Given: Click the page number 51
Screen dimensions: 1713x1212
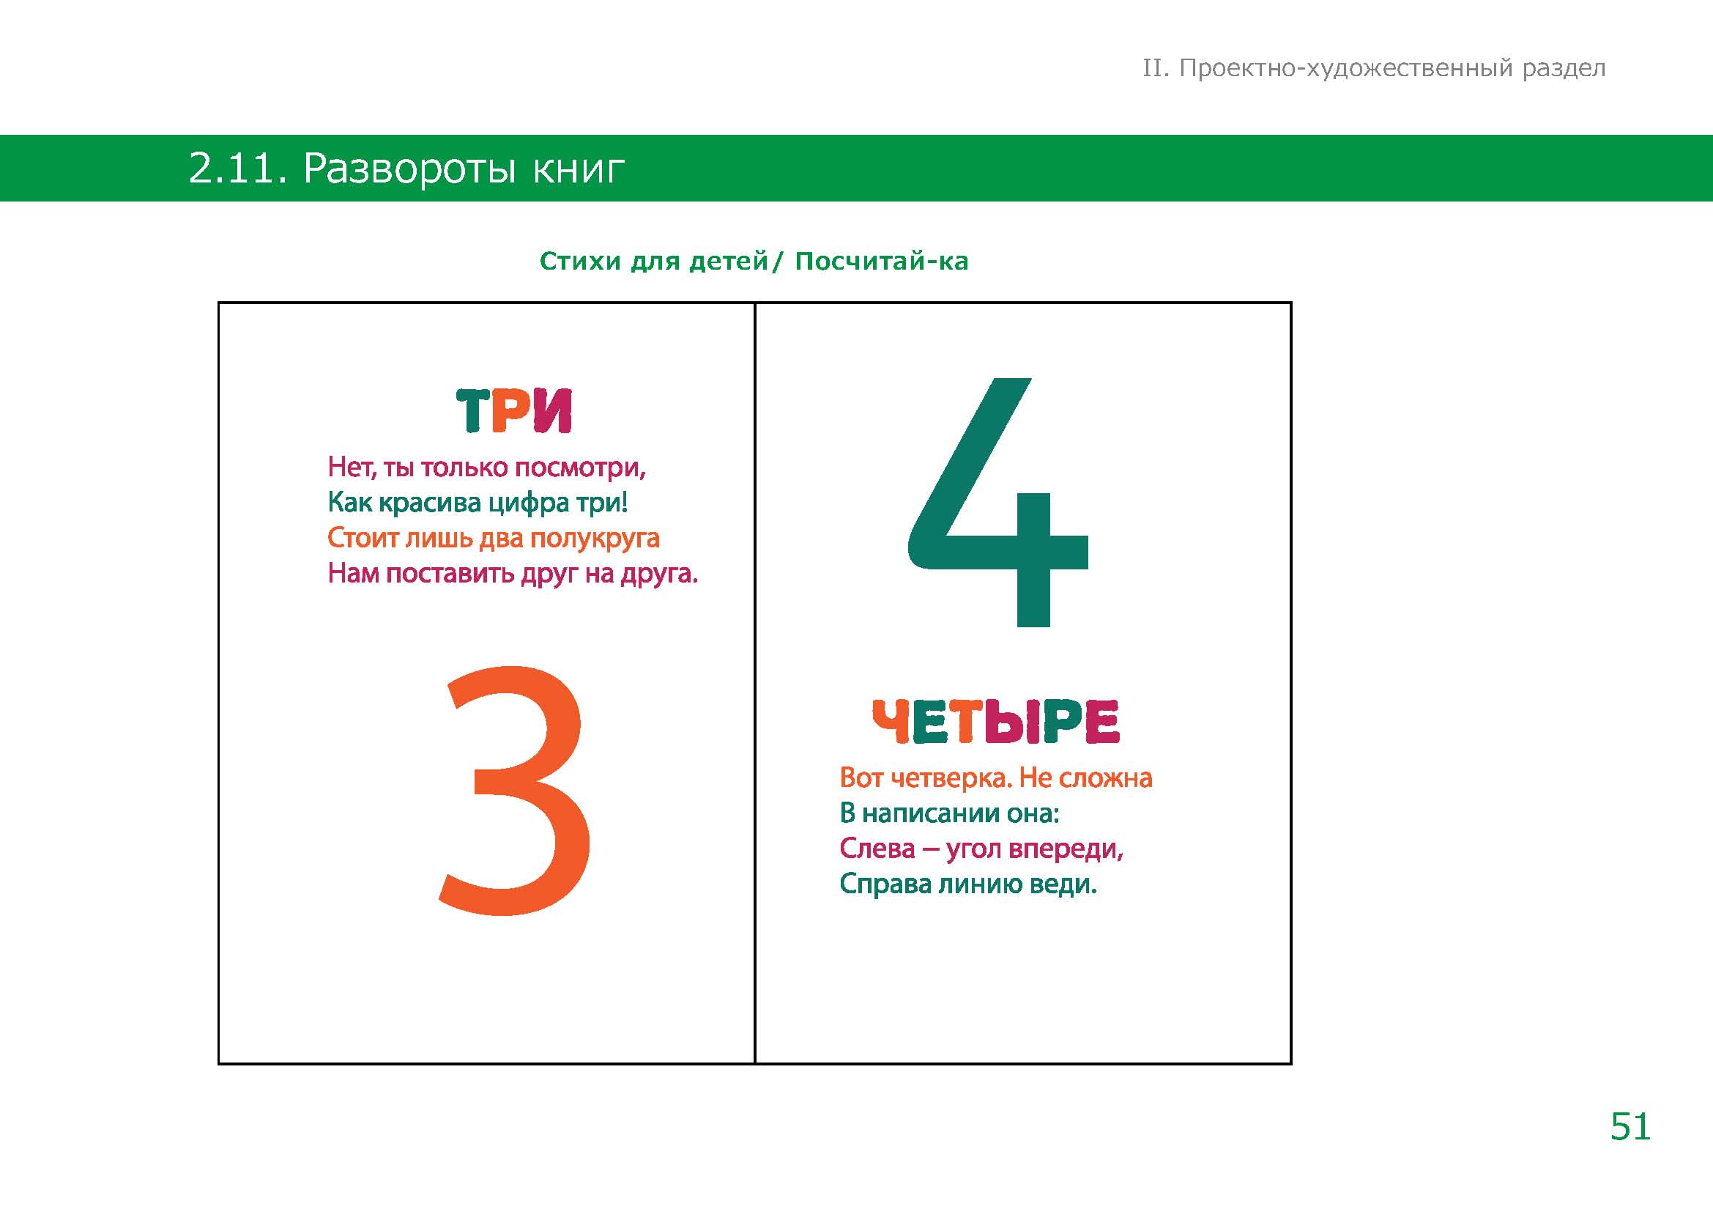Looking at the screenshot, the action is [1630, 1127].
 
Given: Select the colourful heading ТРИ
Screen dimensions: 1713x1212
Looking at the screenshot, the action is [514, 410].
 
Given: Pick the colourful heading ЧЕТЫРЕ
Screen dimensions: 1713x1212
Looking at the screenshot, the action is [996, 722].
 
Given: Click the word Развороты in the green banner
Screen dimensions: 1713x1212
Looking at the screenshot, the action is [409, 169].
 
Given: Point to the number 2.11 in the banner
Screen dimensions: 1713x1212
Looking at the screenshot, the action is [238, 169].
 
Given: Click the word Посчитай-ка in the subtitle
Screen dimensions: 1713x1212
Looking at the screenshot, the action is [882, 261].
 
